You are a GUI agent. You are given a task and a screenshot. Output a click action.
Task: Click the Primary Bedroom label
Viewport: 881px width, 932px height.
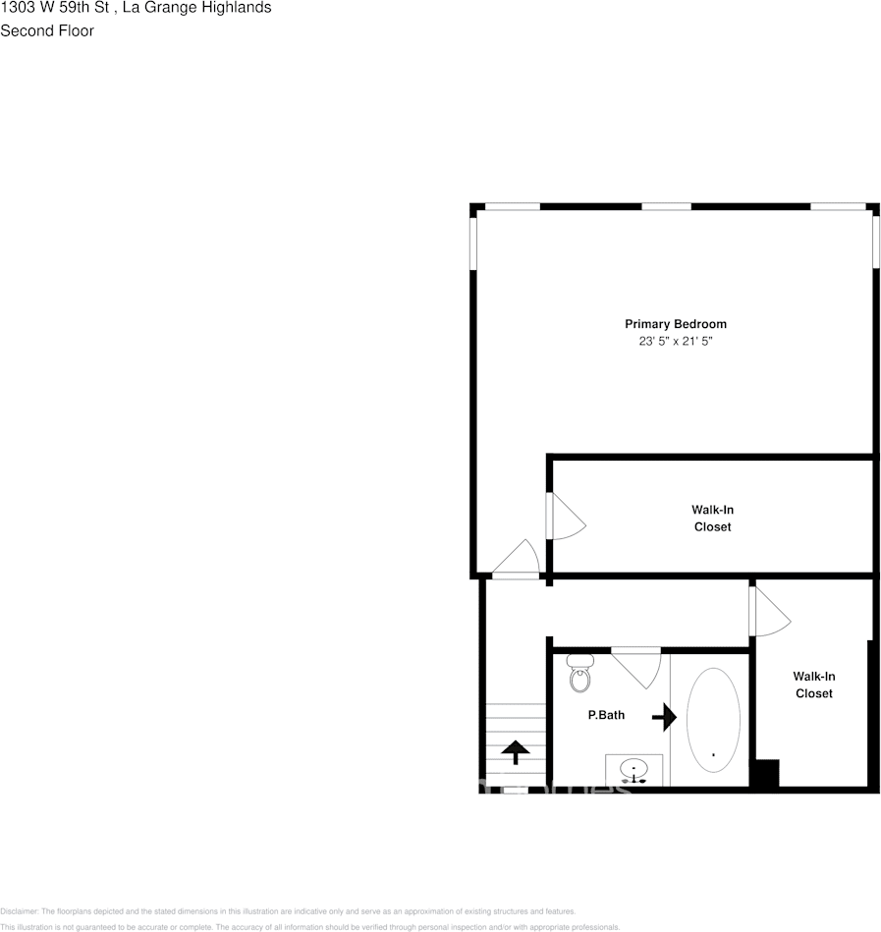(676, 324)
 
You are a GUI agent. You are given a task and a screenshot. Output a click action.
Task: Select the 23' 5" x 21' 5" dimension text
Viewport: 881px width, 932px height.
(676, 342)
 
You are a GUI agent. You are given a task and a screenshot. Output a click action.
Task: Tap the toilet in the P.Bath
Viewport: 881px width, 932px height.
(579, 676)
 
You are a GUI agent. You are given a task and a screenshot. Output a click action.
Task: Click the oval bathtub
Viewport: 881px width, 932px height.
(713, 719)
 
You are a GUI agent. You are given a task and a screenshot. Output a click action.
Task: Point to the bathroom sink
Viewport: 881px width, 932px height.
(634, 771)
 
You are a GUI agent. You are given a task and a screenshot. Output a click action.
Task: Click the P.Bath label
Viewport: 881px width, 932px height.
(606, 715)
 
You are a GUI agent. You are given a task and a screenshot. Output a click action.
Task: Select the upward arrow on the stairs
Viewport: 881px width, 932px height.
(515, 752)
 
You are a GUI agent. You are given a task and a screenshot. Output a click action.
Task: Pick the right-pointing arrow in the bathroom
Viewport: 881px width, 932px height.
(665, 717)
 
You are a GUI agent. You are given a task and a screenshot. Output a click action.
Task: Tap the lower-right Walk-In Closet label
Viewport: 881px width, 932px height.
(813, 685)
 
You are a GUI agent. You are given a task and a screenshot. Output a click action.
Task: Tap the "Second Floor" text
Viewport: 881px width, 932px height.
(47, 30)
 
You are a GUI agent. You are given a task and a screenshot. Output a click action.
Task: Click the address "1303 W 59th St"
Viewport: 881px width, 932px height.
(54, 8)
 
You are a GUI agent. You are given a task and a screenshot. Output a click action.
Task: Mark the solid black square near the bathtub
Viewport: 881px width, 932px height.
(765, 773)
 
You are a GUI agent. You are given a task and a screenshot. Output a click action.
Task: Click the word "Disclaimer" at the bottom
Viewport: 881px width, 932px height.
(19, 911)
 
